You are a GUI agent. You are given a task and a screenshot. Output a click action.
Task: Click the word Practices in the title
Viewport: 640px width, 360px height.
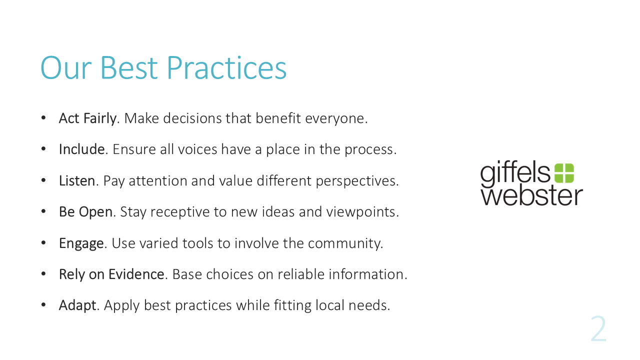[x=226, y=67]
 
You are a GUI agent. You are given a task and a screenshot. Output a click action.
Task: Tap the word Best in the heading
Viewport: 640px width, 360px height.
[x=129, y=67]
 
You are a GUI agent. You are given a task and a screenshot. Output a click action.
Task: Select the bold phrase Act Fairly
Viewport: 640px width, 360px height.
[x=87, y=118]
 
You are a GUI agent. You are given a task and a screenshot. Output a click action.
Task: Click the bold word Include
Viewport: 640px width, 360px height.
[x=81, y=149]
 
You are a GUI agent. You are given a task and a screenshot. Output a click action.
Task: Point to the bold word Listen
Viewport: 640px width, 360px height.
[x=77, y=180]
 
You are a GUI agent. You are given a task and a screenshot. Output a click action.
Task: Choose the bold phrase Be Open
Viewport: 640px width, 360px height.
[x=85, y=212]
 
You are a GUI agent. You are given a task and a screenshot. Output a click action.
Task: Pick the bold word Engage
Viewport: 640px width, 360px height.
[x=81, y=243]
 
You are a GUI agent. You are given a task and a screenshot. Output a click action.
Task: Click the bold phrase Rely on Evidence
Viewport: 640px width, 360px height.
[x=111, y=274]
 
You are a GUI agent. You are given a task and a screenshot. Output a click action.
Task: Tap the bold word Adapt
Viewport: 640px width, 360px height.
[x=77, y=305]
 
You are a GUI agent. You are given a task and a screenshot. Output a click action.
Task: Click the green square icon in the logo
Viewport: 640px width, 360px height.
[x=564, y=173]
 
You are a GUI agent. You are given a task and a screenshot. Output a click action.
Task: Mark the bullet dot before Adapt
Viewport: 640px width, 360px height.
[x=43, y=305]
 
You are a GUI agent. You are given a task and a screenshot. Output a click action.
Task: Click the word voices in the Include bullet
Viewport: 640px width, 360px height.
[x=197, y=149]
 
